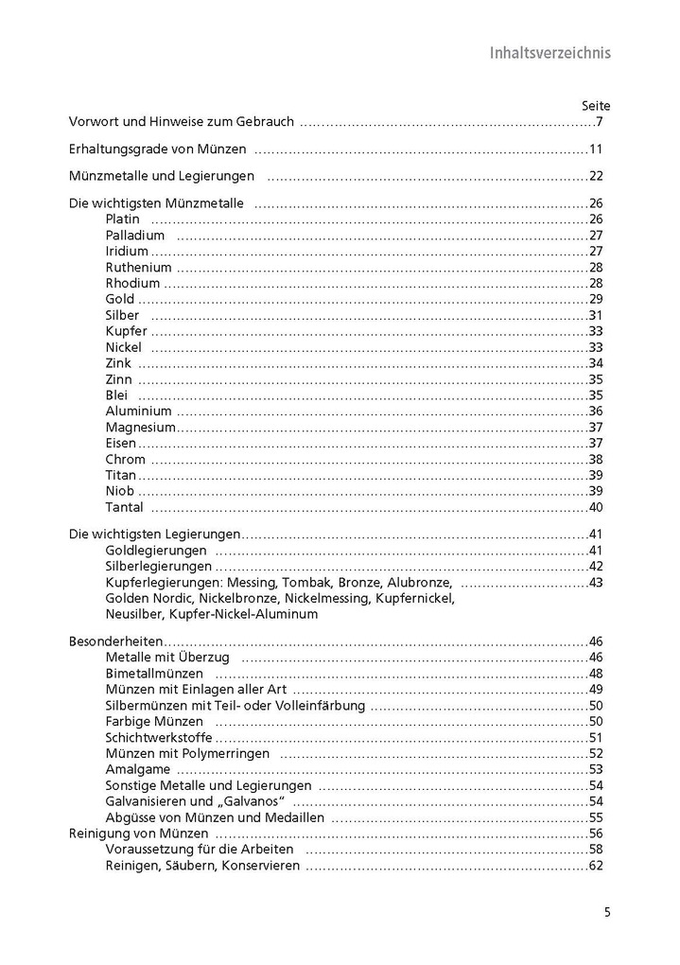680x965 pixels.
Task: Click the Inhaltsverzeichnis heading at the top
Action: (x=549, y=52)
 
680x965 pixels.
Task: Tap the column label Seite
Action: (x=595, y=106)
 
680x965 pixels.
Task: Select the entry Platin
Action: (x=123, y=219)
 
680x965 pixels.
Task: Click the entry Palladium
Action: (x=135, y=236)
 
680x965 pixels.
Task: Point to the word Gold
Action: (x=120, y=299)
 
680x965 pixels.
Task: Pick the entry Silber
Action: (x=123, y=315)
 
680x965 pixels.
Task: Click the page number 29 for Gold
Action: (x=596, y=299)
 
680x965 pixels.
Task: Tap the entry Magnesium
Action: (x=141, y=428)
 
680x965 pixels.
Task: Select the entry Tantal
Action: (x=125, y=508)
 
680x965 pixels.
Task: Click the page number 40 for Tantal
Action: (x=596, y=508)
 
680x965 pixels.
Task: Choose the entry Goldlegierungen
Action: (x=156, y=551)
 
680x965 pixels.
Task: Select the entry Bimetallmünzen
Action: (x=154, y=674)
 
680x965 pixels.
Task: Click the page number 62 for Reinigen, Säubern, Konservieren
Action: (x=596, y=867)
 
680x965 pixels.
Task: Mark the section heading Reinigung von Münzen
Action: (x=139, y=834)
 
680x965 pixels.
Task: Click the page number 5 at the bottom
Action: (x=607, y=913)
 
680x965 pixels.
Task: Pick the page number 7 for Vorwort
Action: (x=600, y=123)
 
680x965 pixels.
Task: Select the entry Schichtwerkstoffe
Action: (x=159, y=738)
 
